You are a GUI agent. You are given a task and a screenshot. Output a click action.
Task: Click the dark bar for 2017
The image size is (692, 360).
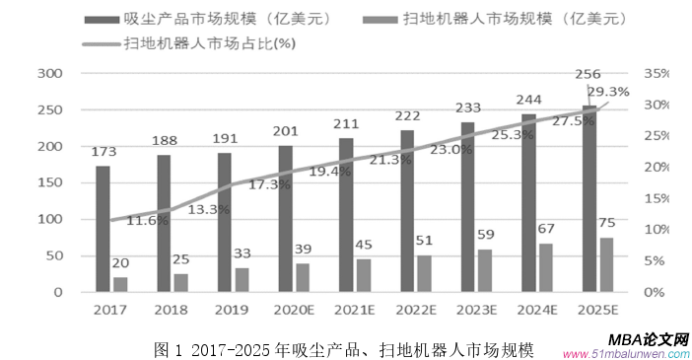tap(103, 229)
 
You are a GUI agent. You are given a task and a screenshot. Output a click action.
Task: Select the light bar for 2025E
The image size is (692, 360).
tap(606, 264)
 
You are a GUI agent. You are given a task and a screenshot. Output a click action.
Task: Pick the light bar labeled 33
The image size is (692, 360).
tap(242, 280)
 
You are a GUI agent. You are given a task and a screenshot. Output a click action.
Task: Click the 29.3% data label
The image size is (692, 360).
tap(607, 92)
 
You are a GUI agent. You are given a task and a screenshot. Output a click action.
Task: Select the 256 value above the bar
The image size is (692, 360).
tap(588, 74)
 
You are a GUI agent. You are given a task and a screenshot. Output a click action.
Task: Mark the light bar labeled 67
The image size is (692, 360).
tap(545, 267)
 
